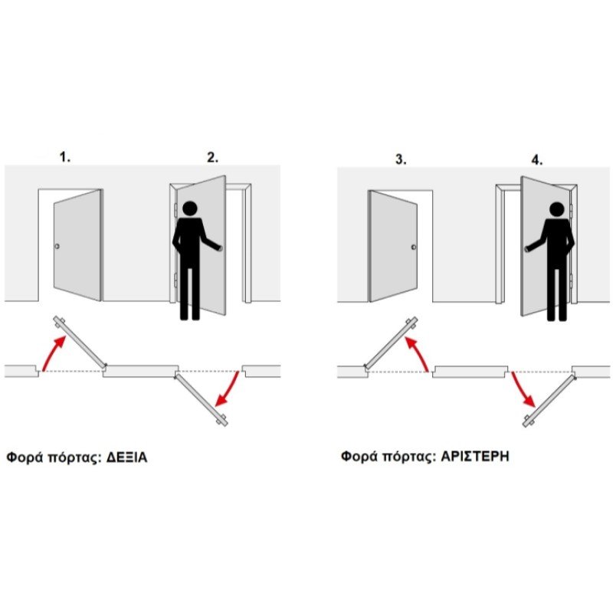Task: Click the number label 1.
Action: tap(65, 157)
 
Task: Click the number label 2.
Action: tap(213, 158)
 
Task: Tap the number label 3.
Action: tap(401, 159)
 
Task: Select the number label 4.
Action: tap(537, 160)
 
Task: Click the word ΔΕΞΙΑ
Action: tap(126, 457)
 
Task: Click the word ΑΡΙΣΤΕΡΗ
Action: tap(475, 456)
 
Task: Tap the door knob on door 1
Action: tap(57, 246)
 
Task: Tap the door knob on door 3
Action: tap(414, 247)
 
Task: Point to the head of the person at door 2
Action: tap(190, 208)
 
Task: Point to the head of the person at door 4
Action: tap(556, 209)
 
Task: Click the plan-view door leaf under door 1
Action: tap(80, 342)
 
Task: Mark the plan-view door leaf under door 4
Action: tap(549, 401)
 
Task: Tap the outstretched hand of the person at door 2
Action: tap(219, 247)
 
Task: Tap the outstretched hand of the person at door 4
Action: tap(528, 248)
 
